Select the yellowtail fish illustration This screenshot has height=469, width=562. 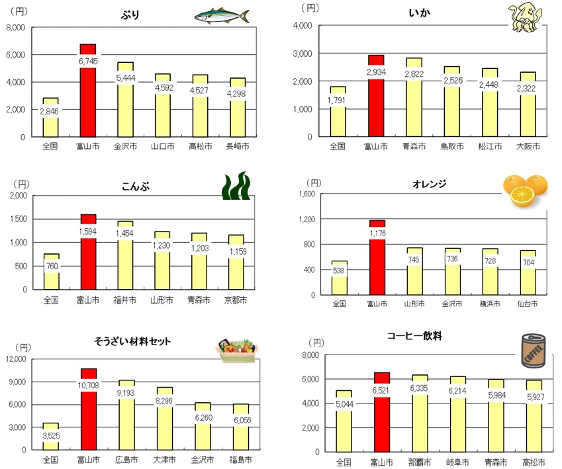tap(222, 16)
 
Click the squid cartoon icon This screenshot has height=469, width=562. tap(526, 17)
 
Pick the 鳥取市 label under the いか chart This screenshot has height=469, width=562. tap(452, 146)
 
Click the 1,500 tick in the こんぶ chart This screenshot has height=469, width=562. tap(18, 219)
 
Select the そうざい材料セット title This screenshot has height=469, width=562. tap(132, 341)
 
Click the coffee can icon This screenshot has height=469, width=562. tap(533, 351)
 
